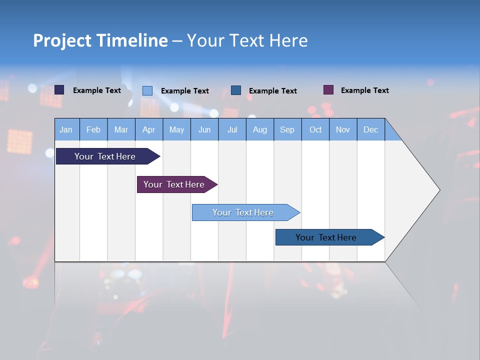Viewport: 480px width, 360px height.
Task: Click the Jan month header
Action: click(x=66, y=129)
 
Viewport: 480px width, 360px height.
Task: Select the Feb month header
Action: click(x=93, y=129)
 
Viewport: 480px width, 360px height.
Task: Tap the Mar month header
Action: click(x=121, y=129)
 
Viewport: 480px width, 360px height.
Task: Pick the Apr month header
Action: click(x=149, y=129)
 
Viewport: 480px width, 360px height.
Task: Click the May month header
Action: click(x=176, y=129)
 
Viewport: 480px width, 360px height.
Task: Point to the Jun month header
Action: click(x=204, y=129)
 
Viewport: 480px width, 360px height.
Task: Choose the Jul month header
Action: click(x=232, y=129)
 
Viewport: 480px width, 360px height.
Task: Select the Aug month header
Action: click(x=260, y=129)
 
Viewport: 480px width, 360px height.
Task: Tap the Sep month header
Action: click(x=287, y=129)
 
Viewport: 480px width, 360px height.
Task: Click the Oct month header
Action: click(x=315, y=129)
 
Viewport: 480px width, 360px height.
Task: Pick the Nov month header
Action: click(x=343, y=129)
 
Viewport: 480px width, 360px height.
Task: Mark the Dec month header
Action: click(x=371, y=129)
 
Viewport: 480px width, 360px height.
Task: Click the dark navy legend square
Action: click(x=59, y=90)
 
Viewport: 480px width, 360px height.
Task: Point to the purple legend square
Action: click(x=328, y=90)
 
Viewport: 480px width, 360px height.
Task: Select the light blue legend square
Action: click(x=147, y=90)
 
